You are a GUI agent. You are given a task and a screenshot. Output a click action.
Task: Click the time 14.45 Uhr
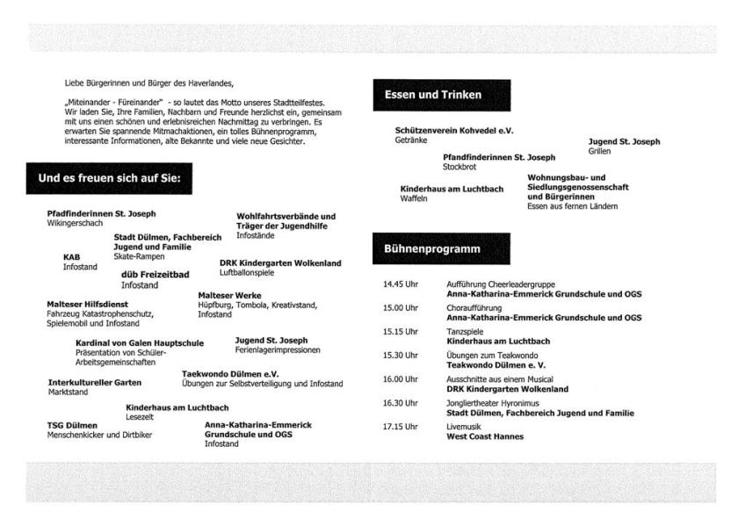coord(400,285)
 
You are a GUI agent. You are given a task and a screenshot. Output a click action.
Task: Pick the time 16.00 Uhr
coord(400,379)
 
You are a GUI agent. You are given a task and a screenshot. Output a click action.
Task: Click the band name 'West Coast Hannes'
coord(485,436)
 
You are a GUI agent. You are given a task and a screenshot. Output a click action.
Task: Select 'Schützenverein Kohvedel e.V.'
coord(454,131)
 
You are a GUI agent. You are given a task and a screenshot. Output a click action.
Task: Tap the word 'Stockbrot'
coord(459,166)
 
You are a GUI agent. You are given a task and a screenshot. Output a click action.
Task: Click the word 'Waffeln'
coord(414,199)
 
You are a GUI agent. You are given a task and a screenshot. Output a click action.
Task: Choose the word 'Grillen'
coord(599,151)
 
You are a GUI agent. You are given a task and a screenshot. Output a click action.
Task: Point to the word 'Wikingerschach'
coord(75,223)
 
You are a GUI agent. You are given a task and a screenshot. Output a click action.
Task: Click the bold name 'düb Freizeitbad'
coord(155,275)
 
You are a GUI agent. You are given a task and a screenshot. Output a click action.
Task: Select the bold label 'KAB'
coord(71,256)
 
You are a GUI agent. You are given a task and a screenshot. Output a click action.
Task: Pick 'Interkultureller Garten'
coord(94,383)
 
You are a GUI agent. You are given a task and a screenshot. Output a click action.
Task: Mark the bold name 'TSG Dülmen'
coord(72,425)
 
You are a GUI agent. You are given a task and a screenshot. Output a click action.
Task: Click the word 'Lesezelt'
coord(140,417)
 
